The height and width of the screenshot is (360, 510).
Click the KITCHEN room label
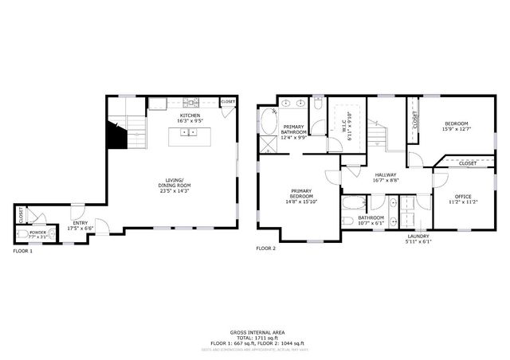point(190,116)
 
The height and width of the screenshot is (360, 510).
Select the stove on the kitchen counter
point(190,102)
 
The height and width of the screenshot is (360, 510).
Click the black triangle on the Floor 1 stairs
point(117,136)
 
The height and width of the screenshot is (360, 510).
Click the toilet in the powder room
point(50,233)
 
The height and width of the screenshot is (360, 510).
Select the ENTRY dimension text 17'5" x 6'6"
point(80,229)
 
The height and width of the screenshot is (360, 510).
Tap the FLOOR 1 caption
point(23,251)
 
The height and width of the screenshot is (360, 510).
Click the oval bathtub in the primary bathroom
point(266,120)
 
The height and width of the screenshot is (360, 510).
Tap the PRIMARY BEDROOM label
point(301,198)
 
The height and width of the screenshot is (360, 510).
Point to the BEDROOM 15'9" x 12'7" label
point(456,127)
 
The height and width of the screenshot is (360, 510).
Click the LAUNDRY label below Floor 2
point(418,236)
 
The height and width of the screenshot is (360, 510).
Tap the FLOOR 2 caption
point(265,248)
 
